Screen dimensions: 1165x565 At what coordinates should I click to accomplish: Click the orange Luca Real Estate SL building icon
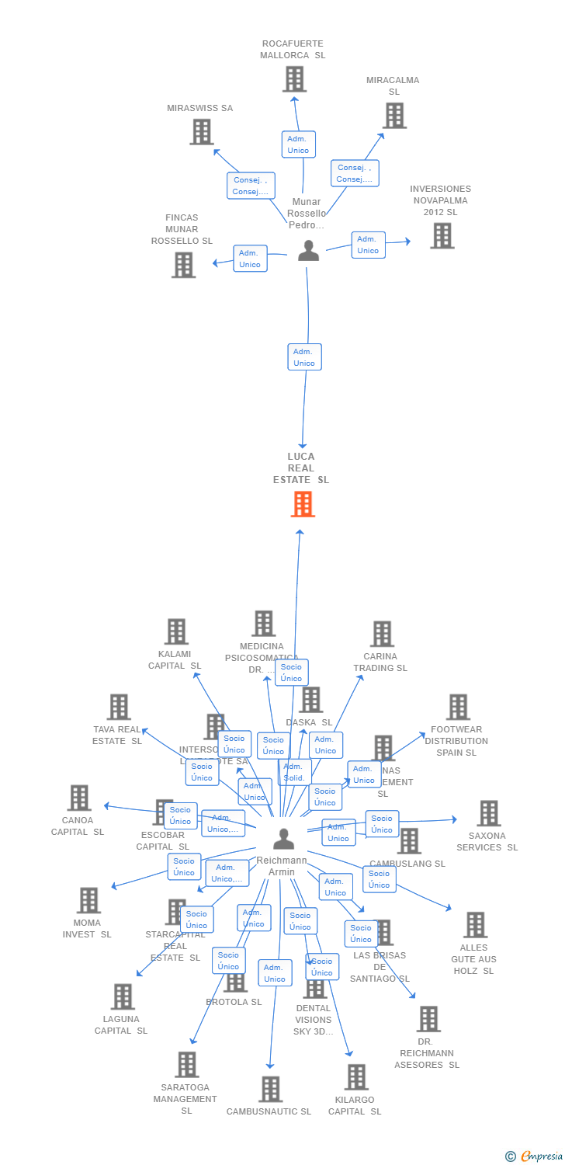click(x=302, y=504)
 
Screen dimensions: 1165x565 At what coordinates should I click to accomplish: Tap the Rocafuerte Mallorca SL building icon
click(x=294, y=79)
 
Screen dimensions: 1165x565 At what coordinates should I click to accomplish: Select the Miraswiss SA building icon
click(x=202, y=132)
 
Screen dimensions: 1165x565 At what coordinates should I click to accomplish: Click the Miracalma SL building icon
click(x=394, y=116)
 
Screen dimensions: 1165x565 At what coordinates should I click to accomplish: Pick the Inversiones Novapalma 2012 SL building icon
click(x=442, y=235)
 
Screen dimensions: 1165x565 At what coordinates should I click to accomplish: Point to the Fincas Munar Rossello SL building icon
click(x=183, y=265)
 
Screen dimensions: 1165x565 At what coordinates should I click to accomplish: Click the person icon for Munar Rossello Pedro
click(x=308, y=251)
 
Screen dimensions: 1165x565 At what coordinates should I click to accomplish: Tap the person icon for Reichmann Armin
click(x=283, y=840)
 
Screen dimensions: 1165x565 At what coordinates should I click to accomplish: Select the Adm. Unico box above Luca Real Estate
click(x=304, y=357)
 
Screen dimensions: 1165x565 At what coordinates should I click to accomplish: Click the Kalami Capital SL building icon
click(x=176, y=631)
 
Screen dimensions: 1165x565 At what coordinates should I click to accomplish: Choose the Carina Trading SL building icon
click(x=381, y=634)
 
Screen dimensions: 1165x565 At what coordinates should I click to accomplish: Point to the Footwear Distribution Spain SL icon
click(x=457, y=707)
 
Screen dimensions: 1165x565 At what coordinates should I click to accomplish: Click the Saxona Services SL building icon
click(x=488, y=813)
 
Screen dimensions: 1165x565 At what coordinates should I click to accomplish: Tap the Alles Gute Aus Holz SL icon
click(x=475, y=925)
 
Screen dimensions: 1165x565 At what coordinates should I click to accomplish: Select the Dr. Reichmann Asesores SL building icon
click(x=428, y=1019)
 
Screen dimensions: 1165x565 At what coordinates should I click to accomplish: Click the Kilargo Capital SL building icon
click(x=356, y=1077)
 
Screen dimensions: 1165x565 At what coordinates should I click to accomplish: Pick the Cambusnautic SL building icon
click(x=270, y=1089)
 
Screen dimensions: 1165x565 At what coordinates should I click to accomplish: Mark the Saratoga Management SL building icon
click(x=187, y=1065)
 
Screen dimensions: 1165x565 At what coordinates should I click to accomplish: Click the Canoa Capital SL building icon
click(x=78, y=798)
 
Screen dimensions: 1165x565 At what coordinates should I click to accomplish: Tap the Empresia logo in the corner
click(x=535, y=1156)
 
